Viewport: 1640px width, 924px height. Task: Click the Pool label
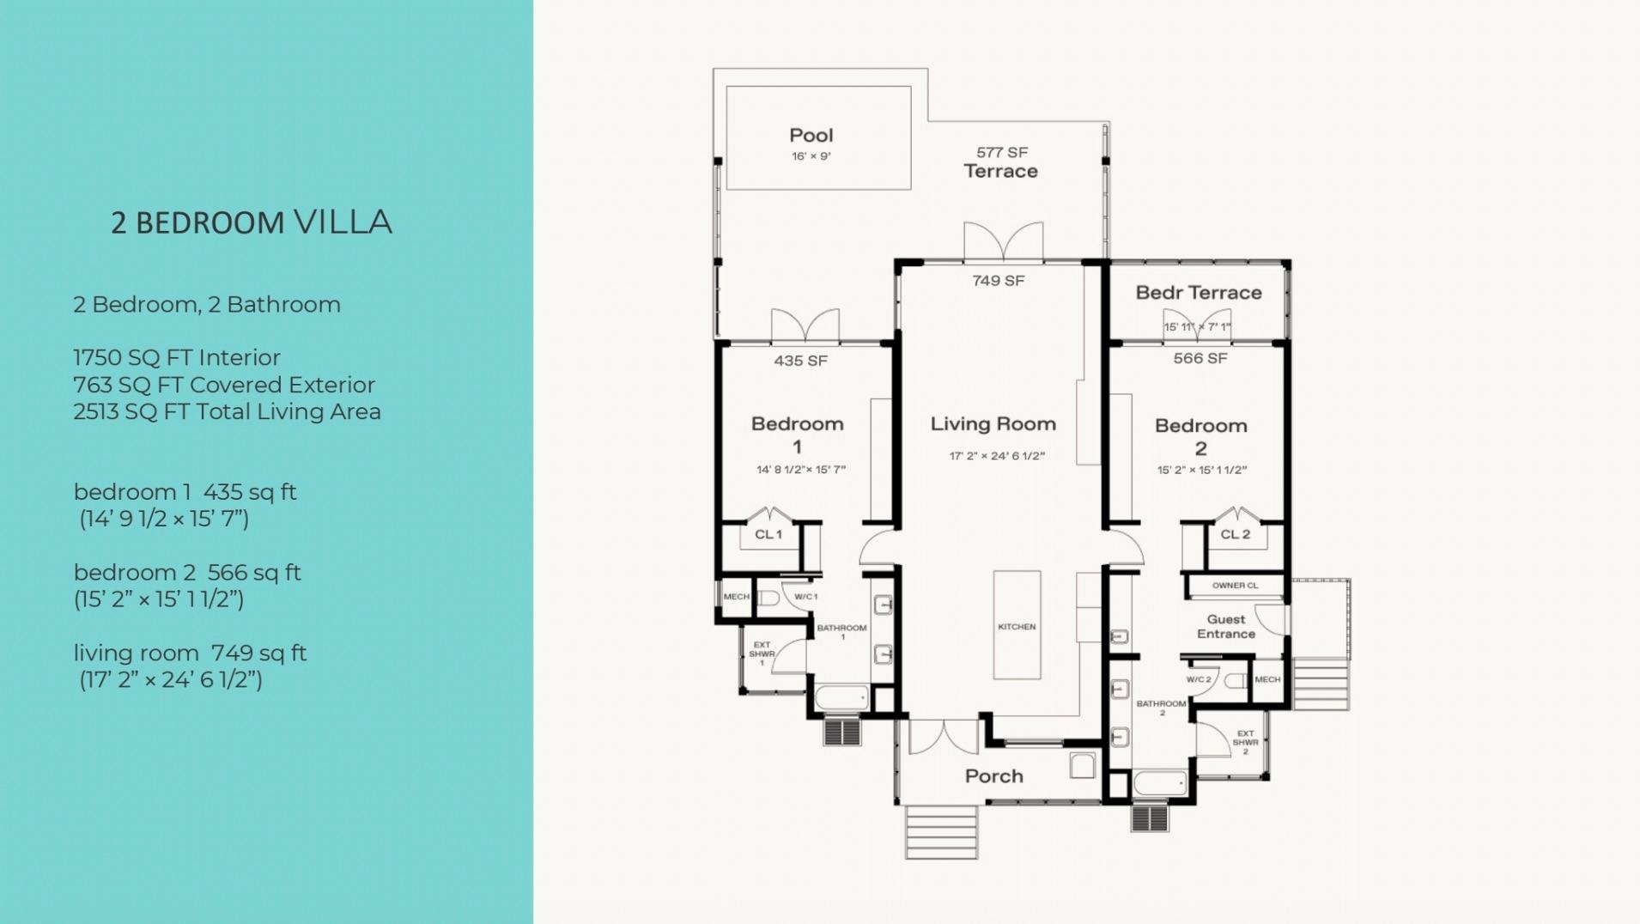[x=811, y=136]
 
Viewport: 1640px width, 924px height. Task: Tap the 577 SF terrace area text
[x=1002, y=153]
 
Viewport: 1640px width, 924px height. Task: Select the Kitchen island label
[x=1017, y=627]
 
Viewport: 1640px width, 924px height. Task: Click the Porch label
[x=994, y=776]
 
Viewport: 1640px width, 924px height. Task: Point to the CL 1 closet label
[x=768, y=534]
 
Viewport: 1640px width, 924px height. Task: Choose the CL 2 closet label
[x=1236, y=534]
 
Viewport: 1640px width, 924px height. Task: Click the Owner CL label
[x=1235, y=586]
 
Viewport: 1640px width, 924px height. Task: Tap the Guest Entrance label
[x=1226, y=627]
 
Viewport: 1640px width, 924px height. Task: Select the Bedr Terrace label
[x=1199, y=293]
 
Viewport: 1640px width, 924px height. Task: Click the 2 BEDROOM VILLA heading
[x=252, y=222]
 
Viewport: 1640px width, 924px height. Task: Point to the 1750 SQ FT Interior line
[x=177, y=357]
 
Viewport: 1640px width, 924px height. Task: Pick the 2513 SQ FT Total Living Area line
[x=227, y=411]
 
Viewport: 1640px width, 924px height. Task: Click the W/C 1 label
[x=806, y=597]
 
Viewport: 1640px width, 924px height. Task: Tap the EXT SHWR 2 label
[x=1245, y=743]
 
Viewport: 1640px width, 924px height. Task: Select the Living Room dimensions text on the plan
[x=997, y=456]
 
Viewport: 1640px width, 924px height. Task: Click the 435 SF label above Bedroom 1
[x=800, y=361]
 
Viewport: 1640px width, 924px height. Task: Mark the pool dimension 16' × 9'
[x=811, y=156]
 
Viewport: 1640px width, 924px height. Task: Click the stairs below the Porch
[x=942, y=832]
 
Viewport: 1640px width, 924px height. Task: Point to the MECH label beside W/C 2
[x=1267, y=679]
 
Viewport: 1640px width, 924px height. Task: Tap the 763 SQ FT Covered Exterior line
[x=224, y=385]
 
